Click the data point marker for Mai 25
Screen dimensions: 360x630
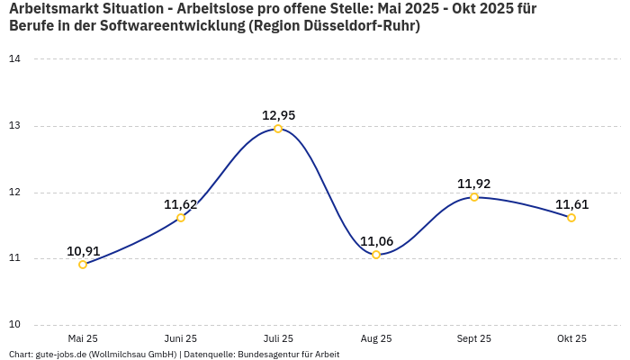(83, 265)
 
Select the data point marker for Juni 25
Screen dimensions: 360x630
(181, 218)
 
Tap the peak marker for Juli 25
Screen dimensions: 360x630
(278, 129)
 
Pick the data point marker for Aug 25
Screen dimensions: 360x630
(376, 255)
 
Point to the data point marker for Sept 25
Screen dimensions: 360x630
(474, 197)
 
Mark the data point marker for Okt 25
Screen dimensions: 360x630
(571, 218)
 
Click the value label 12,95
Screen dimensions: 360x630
(278, 115)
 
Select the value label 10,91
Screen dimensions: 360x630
(83, 251)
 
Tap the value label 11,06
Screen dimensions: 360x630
(376, 241)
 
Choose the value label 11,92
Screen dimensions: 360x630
(474, 184)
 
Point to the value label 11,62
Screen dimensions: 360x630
(180, 204)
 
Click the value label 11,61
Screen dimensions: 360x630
(571, 204)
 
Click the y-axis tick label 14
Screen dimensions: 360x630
(15, 59)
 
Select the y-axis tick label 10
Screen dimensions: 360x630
(15, 325)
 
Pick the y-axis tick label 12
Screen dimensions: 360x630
(15, 193)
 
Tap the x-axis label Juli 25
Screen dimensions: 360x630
(278, 338)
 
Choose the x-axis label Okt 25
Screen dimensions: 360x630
(571, 338)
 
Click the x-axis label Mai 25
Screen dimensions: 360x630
(83, 338)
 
